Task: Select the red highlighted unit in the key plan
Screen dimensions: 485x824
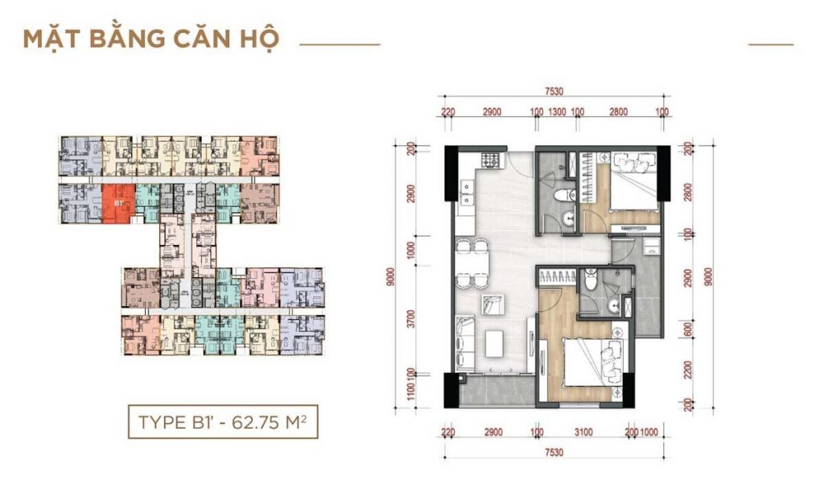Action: pos(117,204)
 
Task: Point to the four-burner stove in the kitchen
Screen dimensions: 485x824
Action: pos(488,157)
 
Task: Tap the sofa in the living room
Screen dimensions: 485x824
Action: pos(463,342)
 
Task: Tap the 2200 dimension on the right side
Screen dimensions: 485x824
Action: pos(688,371)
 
